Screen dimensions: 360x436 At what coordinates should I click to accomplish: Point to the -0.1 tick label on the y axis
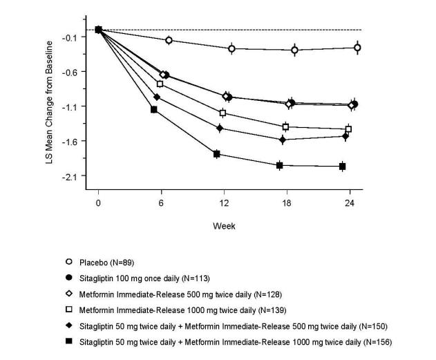(70, 37)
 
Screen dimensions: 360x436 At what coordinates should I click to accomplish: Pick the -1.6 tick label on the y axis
(70, 141)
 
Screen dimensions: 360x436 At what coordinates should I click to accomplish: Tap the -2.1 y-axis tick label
(70, 176)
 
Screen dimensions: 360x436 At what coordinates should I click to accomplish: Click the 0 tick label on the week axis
(98, 204)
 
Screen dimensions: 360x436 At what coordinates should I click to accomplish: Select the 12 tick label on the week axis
(224, 204)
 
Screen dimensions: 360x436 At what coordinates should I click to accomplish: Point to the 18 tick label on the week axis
(287, 204)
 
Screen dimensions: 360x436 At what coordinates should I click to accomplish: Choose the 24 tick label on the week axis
(350, 204)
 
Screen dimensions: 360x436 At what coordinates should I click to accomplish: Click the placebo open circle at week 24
(357, 47)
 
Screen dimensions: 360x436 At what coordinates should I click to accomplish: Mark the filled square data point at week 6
(154, 110)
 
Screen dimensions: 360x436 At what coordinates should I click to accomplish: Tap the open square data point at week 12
(222, 113)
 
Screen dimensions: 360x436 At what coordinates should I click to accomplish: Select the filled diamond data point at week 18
(282, 140)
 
